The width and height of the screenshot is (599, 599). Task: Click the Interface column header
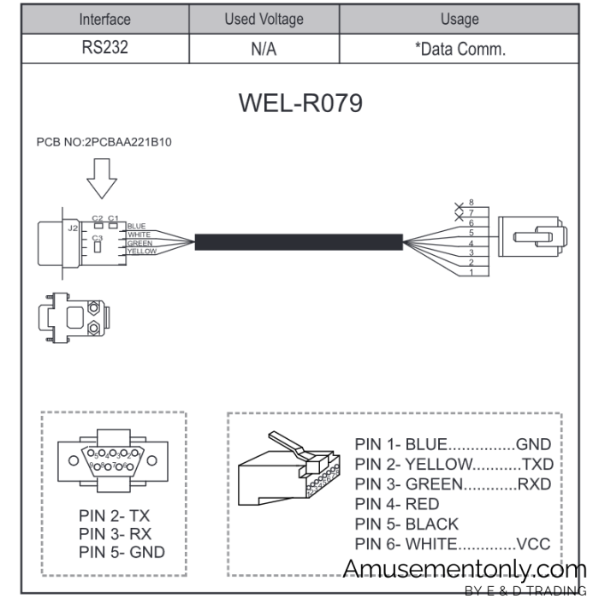coord(104,19)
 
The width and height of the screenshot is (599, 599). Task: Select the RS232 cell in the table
coord(104,48)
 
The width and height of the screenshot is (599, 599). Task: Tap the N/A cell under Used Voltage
coord(264,49)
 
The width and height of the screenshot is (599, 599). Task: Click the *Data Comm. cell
coord(460,49)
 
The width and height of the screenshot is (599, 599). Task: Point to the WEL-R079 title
coord(299,103)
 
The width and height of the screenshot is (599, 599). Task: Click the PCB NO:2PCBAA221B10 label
coord(104,142)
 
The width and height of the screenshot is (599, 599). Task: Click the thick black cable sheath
coord(299,241)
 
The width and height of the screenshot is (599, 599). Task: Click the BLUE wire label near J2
coord(136,227)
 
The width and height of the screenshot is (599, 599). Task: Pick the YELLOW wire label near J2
coord(141,252)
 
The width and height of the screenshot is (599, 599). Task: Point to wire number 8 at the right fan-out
coord(471,202)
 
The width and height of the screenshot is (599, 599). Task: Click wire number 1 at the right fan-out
coord(471,273)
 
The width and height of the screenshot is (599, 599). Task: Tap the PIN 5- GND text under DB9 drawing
coord(122,553)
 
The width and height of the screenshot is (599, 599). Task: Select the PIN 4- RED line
coord(396,504)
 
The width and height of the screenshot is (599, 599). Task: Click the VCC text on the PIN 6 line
coord(534,544)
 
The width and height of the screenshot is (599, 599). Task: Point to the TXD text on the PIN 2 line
coord(537,465)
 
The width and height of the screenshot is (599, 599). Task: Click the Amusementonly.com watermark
coord(462,569)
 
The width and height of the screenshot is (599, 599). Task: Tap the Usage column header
coord(460,19)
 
